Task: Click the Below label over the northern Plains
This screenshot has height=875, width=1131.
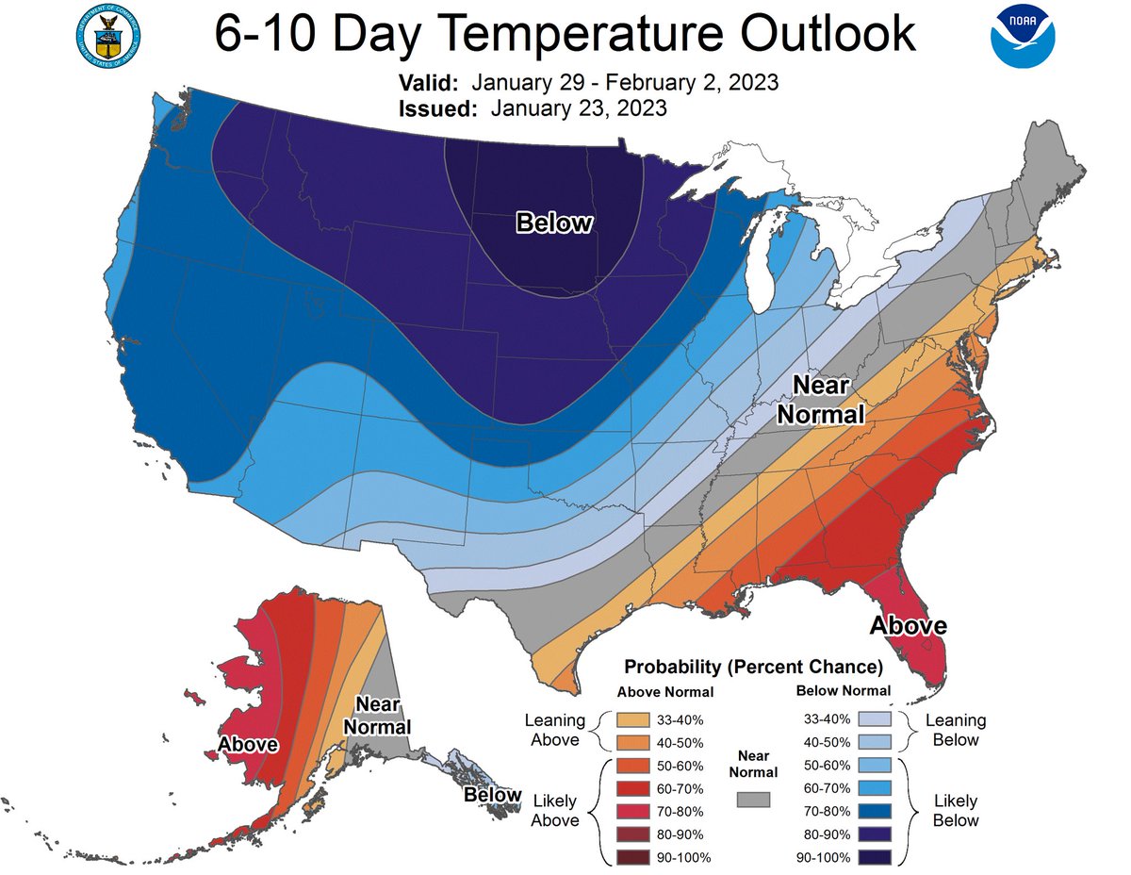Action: (554, 223)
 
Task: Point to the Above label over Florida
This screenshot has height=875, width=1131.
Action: (908, 625)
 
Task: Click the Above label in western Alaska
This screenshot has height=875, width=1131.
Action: (248, 744)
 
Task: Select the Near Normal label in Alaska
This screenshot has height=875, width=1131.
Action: (377, 716)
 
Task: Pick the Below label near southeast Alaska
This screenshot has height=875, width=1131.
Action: (492, 795)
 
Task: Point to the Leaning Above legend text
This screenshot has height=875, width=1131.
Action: (555, 730)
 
